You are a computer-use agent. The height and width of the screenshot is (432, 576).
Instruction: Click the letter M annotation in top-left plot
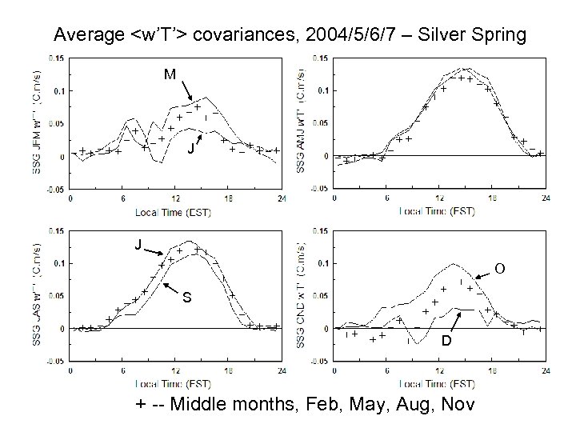click(170, 74)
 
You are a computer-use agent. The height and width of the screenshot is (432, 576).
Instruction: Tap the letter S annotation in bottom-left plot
click(186, 298)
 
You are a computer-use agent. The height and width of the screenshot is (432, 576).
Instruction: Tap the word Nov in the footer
click(460, 405)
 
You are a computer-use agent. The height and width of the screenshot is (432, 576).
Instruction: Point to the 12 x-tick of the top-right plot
click(439, 198)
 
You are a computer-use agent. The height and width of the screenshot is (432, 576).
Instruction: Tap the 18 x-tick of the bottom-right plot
click(492, 371)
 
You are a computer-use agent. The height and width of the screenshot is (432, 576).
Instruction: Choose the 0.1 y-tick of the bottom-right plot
click(320, 263)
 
